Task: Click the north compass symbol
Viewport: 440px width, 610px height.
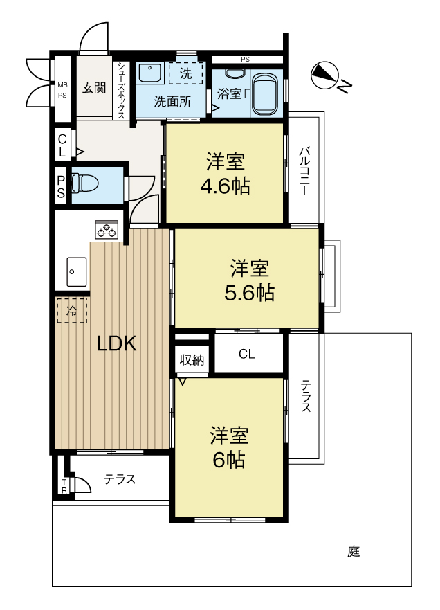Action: [325, 75]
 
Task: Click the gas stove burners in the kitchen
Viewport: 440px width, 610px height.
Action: [106, 229]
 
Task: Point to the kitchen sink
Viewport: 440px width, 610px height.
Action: [76, 271]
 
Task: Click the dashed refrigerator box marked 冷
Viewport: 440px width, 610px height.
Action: [71, 310]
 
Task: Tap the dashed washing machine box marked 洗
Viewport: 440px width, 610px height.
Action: [186, 73]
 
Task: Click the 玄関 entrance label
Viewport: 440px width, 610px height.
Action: [93, 87]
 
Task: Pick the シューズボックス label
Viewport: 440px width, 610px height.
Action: [121, 90]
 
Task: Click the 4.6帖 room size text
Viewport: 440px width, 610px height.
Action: [225, 187]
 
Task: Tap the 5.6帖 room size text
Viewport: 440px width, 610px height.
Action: [249, 294]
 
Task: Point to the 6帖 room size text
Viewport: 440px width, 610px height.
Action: [228, 460]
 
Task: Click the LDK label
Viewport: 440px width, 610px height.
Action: [116, 343]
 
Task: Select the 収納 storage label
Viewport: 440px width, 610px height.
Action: [192, 360]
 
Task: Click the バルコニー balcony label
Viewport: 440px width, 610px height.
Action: [304, 171]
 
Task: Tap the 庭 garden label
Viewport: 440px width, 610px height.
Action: [354, 551]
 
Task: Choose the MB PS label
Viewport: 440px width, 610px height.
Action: [62, 90]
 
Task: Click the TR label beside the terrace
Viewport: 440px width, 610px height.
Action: [64, 487]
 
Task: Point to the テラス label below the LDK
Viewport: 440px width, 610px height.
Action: [120, 479]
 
